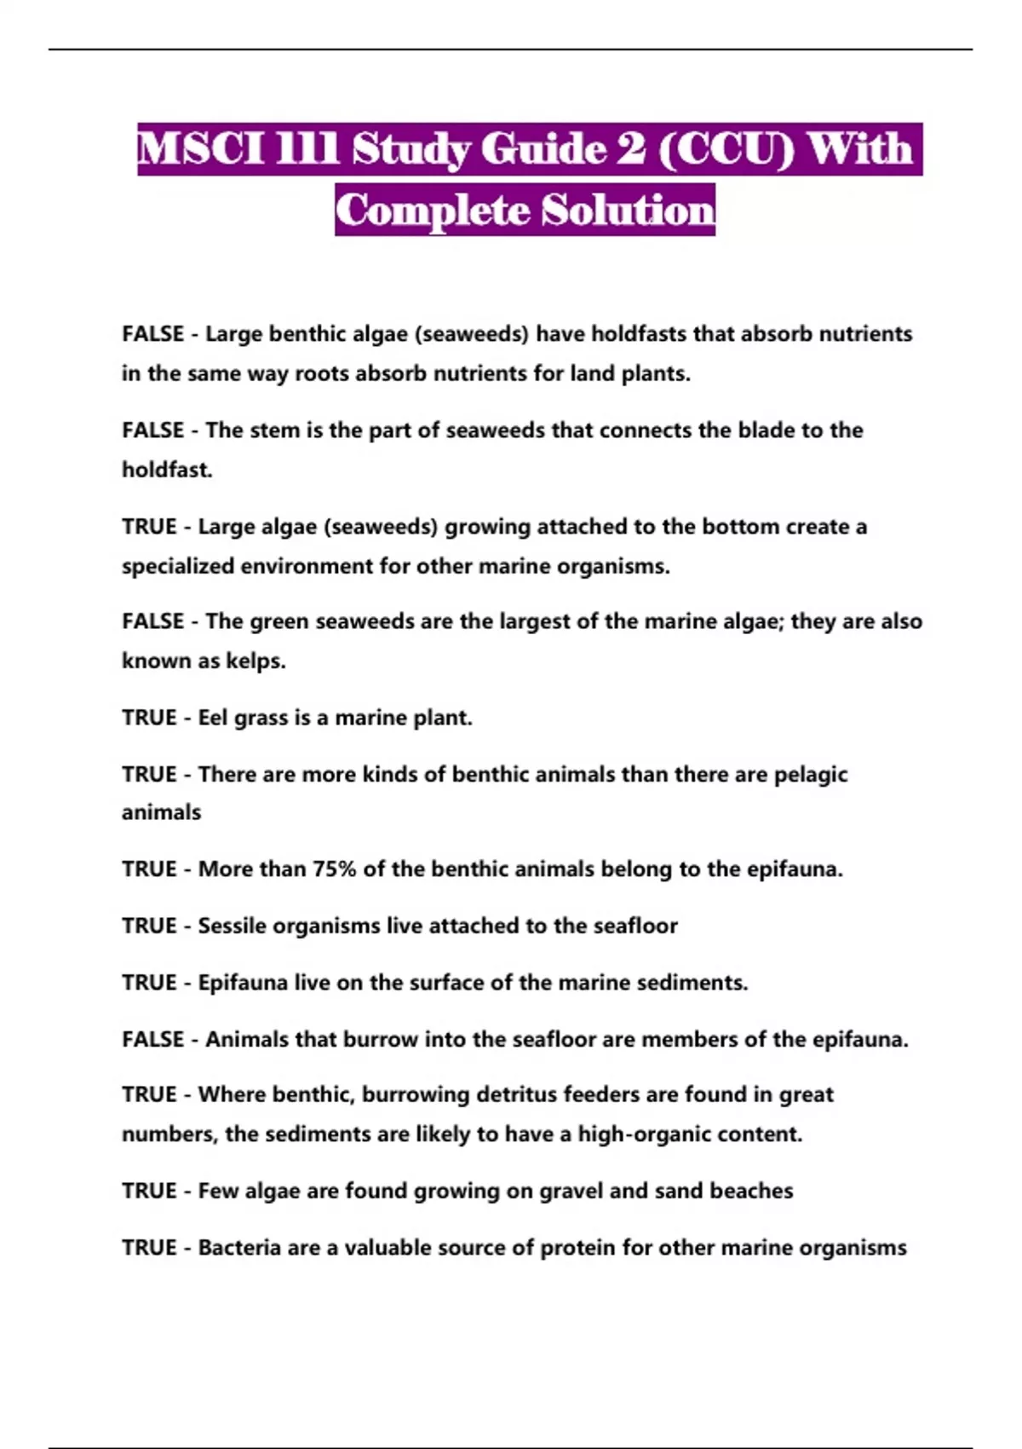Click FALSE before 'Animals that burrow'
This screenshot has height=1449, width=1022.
(153, 1039)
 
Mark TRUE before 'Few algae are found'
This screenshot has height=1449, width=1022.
(149, 1191)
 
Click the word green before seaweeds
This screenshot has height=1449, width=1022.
(278, 621)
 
